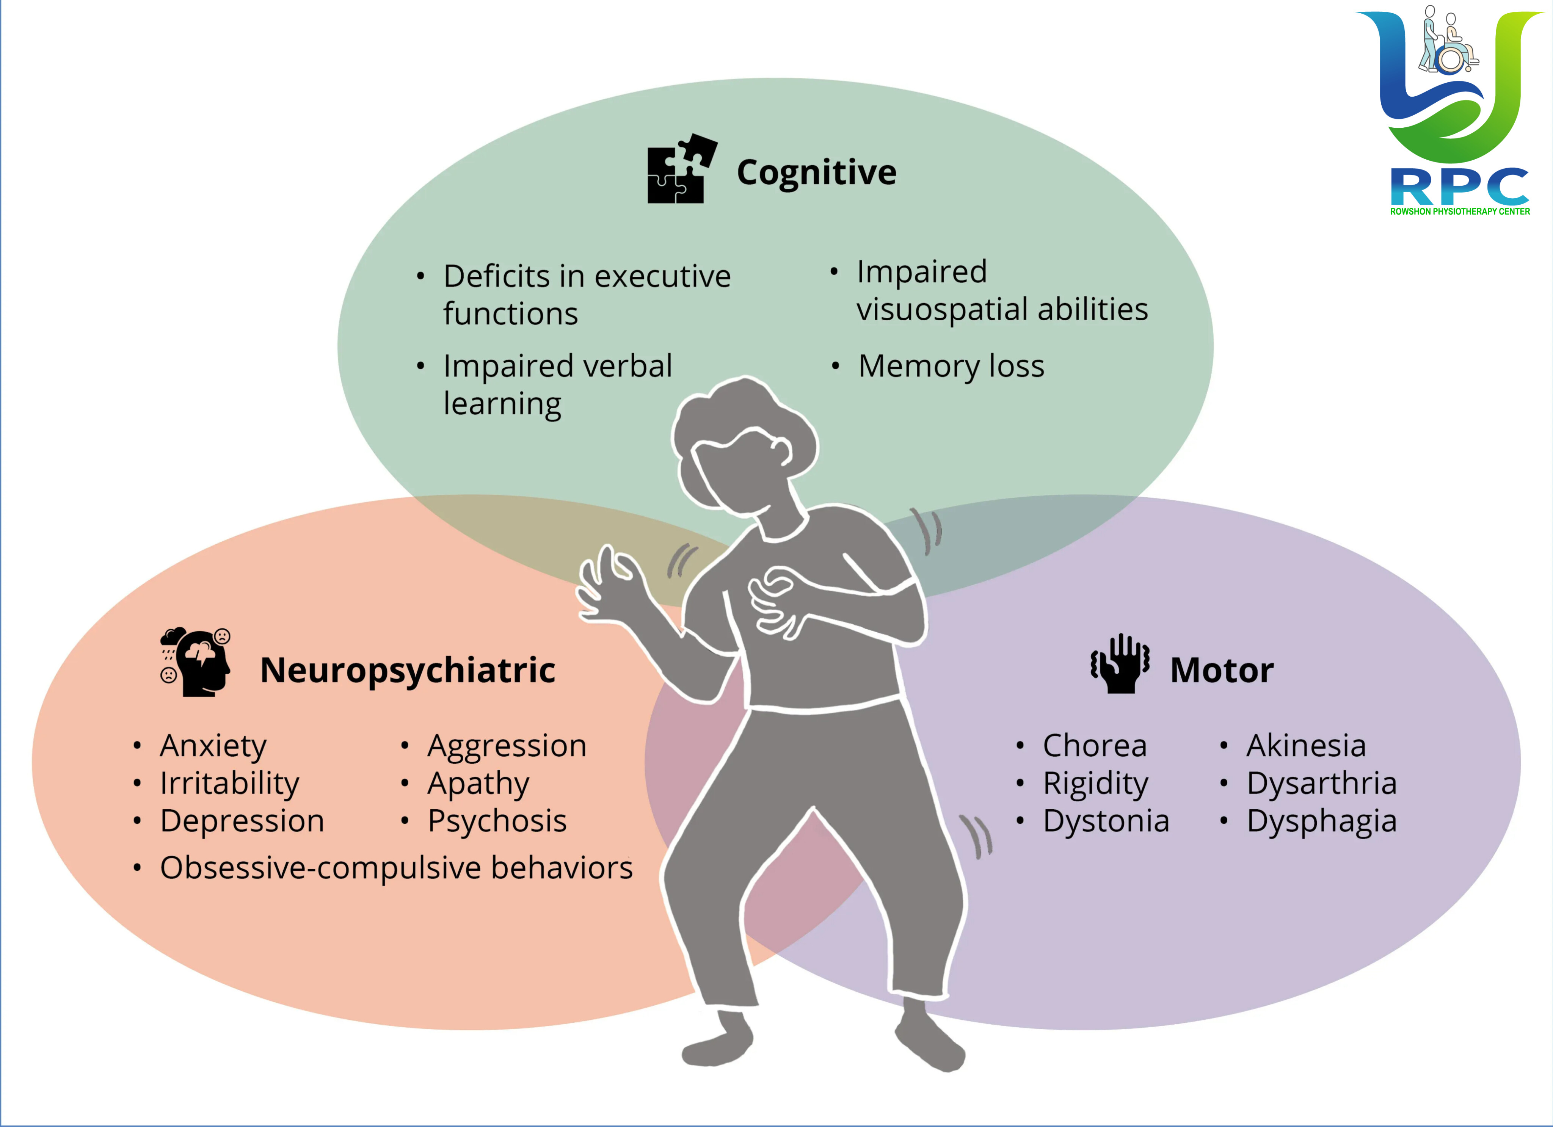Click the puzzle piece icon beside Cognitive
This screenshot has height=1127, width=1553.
tap(681, 168)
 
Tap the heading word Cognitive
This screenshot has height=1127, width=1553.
tap(816, 172)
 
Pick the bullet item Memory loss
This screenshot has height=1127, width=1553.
tap(951, 366)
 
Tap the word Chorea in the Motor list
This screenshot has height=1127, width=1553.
tap(1094, 746)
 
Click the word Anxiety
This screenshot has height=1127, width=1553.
tap(213, 746)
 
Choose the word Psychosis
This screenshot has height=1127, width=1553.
tap(497, 821)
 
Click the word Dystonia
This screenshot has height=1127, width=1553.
tap(1106, 821)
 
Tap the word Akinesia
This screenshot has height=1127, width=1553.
tap(1306, 746)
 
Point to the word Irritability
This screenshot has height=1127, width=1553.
tap(229, 784)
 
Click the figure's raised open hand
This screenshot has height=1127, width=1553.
tap(606, 582)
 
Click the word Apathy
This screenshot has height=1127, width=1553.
tap(478, 784)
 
